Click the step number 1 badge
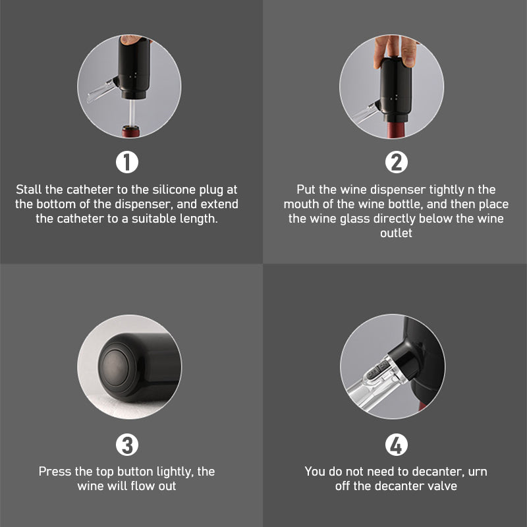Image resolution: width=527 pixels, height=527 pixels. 127,162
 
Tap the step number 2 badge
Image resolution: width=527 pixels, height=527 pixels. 397,162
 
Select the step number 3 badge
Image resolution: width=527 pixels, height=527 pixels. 127,445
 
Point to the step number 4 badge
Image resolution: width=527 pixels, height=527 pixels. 397,445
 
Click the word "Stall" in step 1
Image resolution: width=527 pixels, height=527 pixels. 29,190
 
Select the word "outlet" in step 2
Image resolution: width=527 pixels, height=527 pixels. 396,233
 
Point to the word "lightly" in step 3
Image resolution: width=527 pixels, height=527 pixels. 175,472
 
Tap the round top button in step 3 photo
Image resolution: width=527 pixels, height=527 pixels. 115,367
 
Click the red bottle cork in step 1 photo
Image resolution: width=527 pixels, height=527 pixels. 130,131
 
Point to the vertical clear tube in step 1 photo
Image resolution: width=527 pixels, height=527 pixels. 132,113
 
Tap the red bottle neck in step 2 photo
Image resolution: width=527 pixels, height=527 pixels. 397,130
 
